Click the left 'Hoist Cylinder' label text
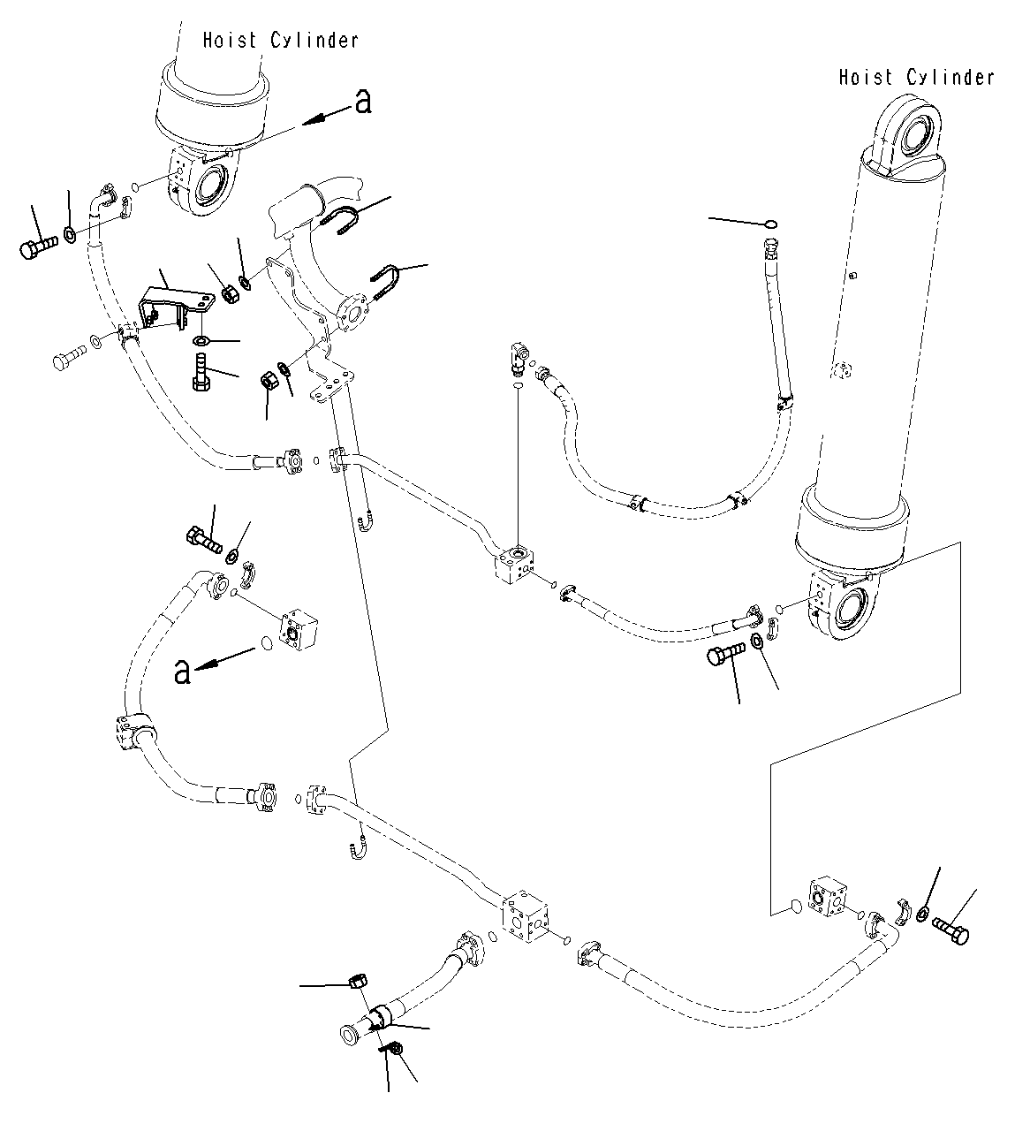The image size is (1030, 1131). (280, 41)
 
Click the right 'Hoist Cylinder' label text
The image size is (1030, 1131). (917, 77)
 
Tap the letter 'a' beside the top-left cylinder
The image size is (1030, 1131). (364, 102)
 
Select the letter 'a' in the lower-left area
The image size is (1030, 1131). (182, 672)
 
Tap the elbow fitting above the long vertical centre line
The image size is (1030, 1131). (519, 358)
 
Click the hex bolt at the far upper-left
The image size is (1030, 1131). (38, 247)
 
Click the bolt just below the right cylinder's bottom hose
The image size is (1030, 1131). (724, 656)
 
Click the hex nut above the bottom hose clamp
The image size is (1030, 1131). (359, 982)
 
